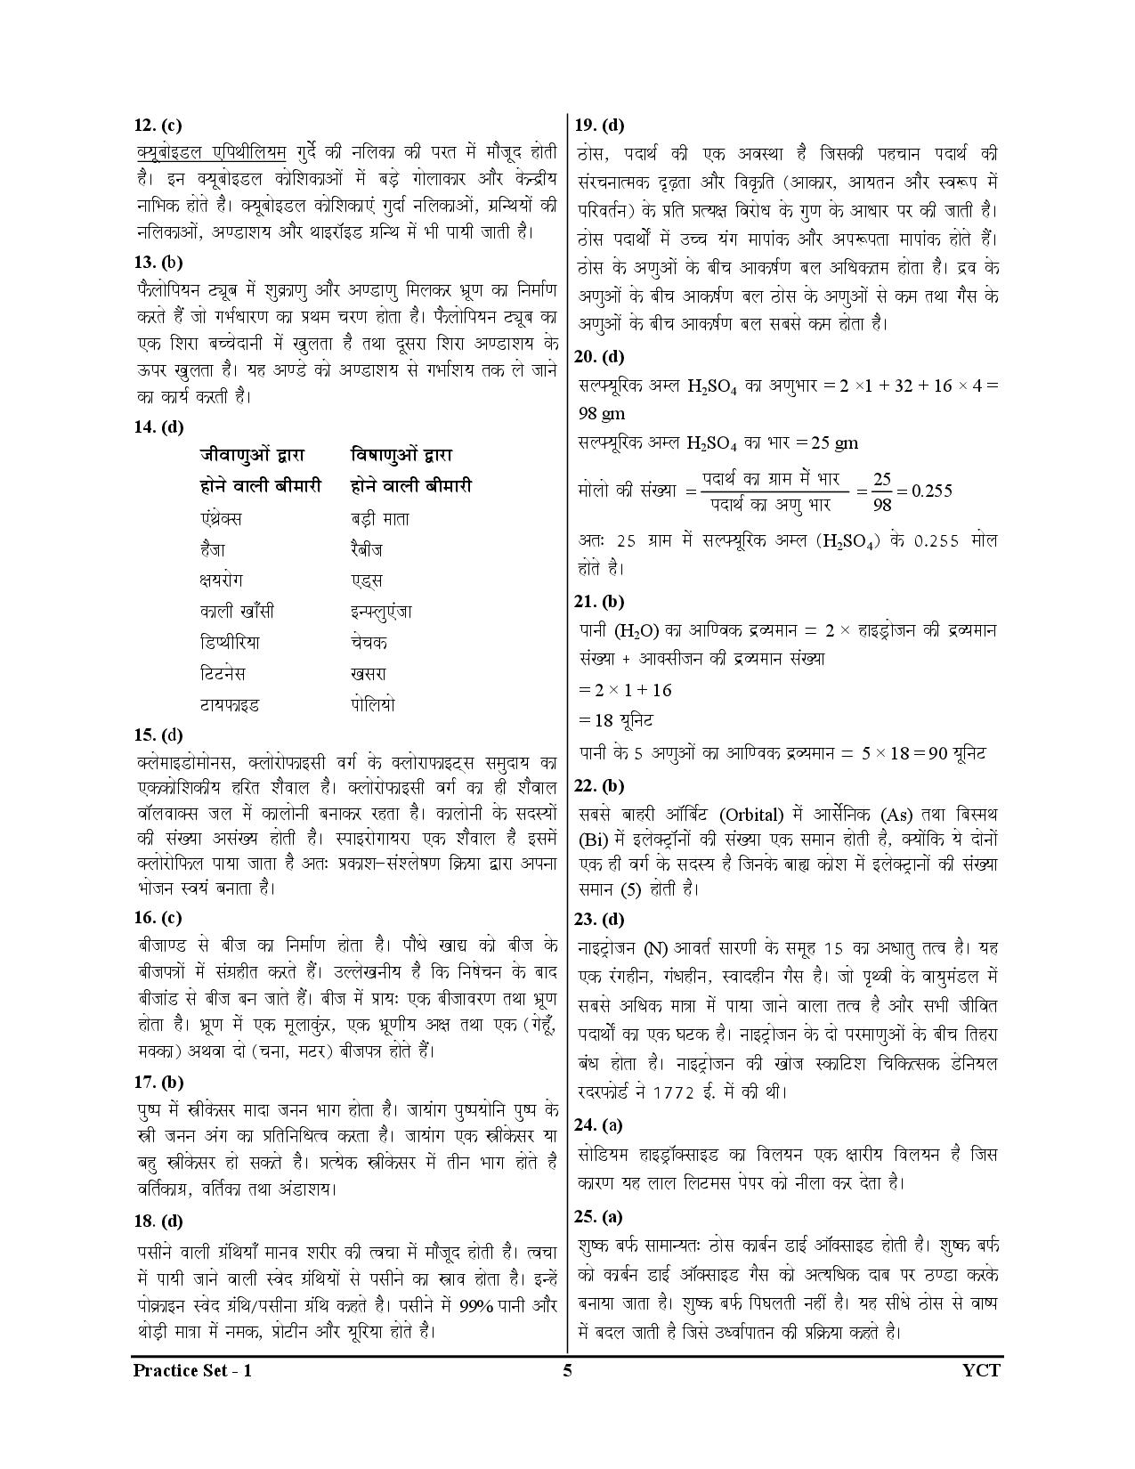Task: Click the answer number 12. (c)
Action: click(158, 126)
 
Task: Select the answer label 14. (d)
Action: click(158, 426)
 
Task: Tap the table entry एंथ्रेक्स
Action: click(221, 518)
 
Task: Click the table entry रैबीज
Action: click(367, 549)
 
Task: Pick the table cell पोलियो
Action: click(373, 704)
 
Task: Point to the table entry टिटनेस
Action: click(223, 673)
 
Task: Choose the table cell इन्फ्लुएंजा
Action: click(381, 612)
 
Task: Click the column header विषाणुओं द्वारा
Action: click(401, 455)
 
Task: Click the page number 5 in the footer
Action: click(567, 1370)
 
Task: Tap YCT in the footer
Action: click(981, 1370)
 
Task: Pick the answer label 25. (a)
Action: click(599, 1216)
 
